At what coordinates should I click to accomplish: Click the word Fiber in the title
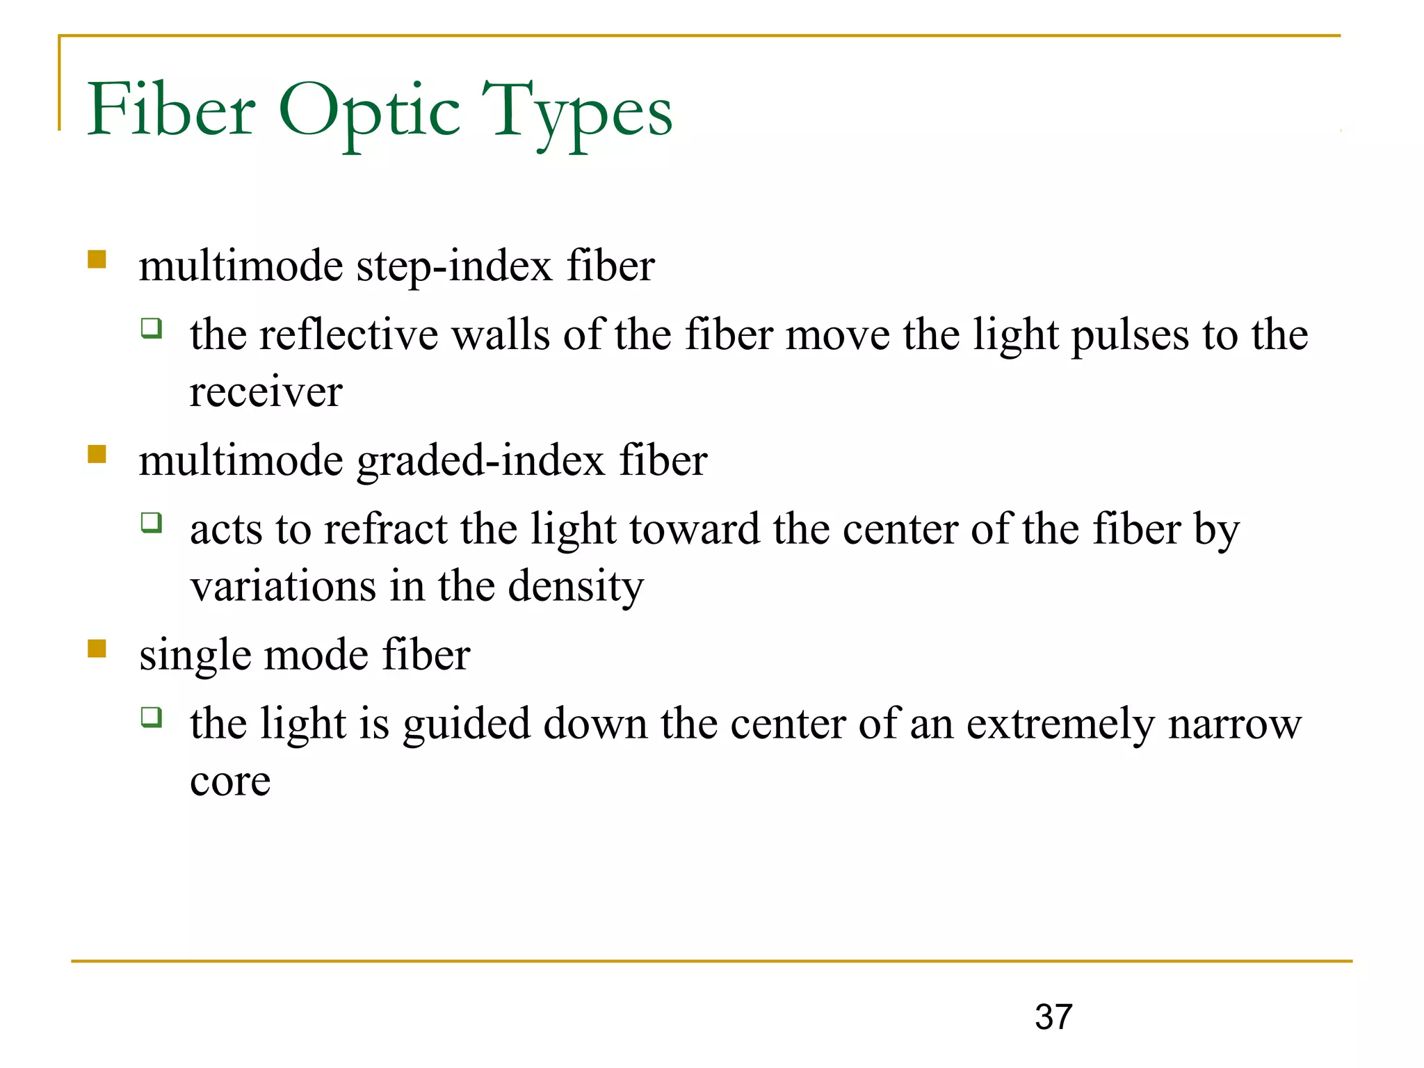[x=171, y=110]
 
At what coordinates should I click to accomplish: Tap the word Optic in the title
[x=369, y=111]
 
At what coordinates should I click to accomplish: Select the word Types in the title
[x=577, y=111]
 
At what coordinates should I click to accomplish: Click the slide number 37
[x=1053, y=1017]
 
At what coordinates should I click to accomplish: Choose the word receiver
[x=266, y=391]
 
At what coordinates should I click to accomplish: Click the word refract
[x=385, y=529]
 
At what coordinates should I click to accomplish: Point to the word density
[x=576, y=586]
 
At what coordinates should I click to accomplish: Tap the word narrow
[x=1234, y=725]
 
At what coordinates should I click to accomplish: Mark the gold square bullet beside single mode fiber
[x=97, y=649]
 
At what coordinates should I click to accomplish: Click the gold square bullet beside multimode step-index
[x=97, y=259]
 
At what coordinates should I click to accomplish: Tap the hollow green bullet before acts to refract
[x=152, y=521]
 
